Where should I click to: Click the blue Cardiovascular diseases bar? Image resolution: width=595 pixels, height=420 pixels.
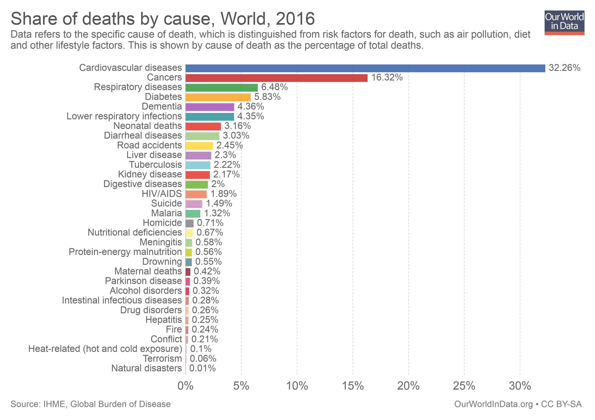coord(365,68)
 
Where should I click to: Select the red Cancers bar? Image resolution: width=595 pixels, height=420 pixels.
coord(276,78)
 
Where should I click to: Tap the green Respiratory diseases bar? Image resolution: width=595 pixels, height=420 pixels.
coord(222,88)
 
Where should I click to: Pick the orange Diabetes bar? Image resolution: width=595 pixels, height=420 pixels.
coord(218,97)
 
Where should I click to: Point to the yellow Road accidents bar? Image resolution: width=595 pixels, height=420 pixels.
coord(199,146)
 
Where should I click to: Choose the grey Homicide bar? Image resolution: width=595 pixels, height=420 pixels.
coord(189,223)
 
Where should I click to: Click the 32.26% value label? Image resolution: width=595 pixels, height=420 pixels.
coord(564,68)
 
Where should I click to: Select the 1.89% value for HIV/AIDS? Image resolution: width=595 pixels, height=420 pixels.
coord(223,194)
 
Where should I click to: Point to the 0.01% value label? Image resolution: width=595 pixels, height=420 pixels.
coord(202,368)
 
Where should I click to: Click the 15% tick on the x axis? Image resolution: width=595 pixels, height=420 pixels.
coord(353,386)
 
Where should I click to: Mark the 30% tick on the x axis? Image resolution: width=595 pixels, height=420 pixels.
coord(520,386)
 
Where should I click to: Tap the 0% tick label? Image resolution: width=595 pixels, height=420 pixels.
coord(186,386)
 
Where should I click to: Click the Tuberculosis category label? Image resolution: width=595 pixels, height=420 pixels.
coord(155,165)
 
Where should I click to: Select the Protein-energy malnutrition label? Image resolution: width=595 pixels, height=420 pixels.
coord(125,252)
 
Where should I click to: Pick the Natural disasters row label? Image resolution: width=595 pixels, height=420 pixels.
coord(147,368)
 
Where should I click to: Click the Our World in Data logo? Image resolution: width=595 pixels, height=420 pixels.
coord(564,23)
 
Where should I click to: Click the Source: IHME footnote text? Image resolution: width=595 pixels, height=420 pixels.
coord(90,404)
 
